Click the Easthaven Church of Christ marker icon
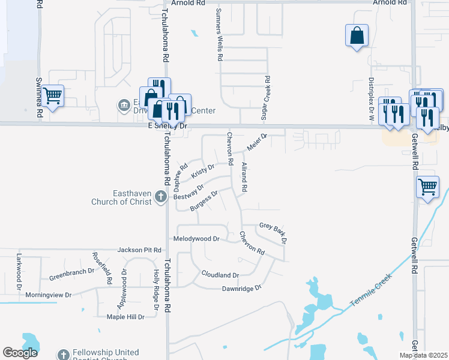click(x=160, y=196)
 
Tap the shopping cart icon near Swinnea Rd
click(x=53, y=95)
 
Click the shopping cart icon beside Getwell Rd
click(x=428, y=187)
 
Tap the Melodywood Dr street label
click(x=197, y=239)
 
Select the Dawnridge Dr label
click(x=242, y=288)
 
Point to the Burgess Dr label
click(x=203, y=200)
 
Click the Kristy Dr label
click(x=203, y=170)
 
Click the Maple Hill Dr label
click(x=125, y=317)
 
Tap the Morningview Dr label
click(x=52, y=295)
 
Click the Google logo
click(x=20, y=353)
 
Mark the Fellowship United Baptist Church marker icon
click(x=64, y=355)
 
